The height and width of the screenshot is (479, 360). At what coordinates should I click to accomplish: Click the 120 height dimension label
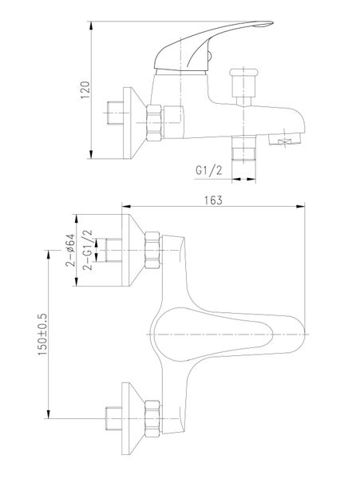coord(85,89)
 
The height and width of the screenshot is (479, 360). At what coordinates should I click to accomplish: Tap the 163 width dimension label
coord(213,200)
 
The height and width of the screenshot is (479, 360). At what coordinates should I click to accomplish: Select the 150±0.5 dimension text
coord(42,334)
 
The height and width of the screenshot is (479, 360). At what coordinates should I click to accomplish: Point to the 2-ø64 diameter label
coord(70,250)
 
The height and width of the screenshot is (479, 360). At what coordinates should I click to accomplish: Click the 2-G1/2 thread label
coord(87,250)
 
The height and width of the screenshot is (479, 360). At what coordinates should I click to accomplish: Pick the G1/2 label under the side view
coord(209,170)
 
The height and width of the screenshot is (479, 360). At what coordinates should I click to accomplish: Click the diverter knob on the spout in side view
coord(243,87)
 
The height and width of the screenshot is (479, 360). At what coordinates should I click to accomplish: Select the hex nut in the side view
coord(154,123)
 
